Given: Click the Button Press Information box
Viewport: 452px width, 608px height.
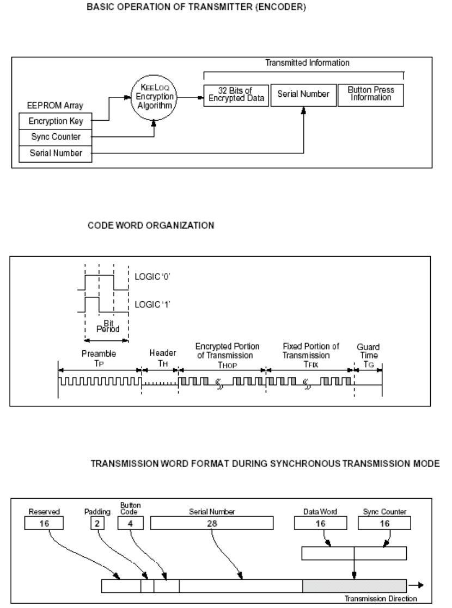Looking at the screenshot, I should click(x=371, y=95).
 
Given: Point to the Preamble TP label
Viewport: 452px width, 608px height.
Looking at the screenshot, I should click(x=100, y=356).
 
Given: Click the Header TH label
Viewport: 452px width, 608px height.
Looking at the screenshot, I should click(x=160, y=356).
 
